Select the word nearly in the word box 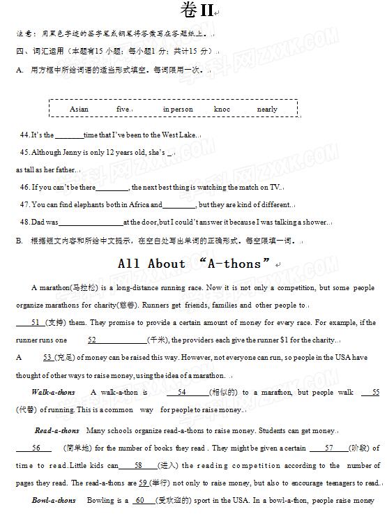[267, 109]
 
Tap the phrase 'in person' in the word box [178, 109]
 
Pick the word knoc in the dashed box [222, 109]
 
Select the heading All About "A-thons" [194, 264]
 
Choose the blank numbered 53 [47, 357]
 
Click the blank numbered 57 [331, 448]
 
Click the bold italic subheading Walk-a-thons [53, 393]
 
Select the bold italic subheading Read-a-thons [57, 430]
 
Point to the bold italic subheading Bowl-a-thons [54, 500]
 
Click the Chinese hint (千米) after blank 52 [156, 340]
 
